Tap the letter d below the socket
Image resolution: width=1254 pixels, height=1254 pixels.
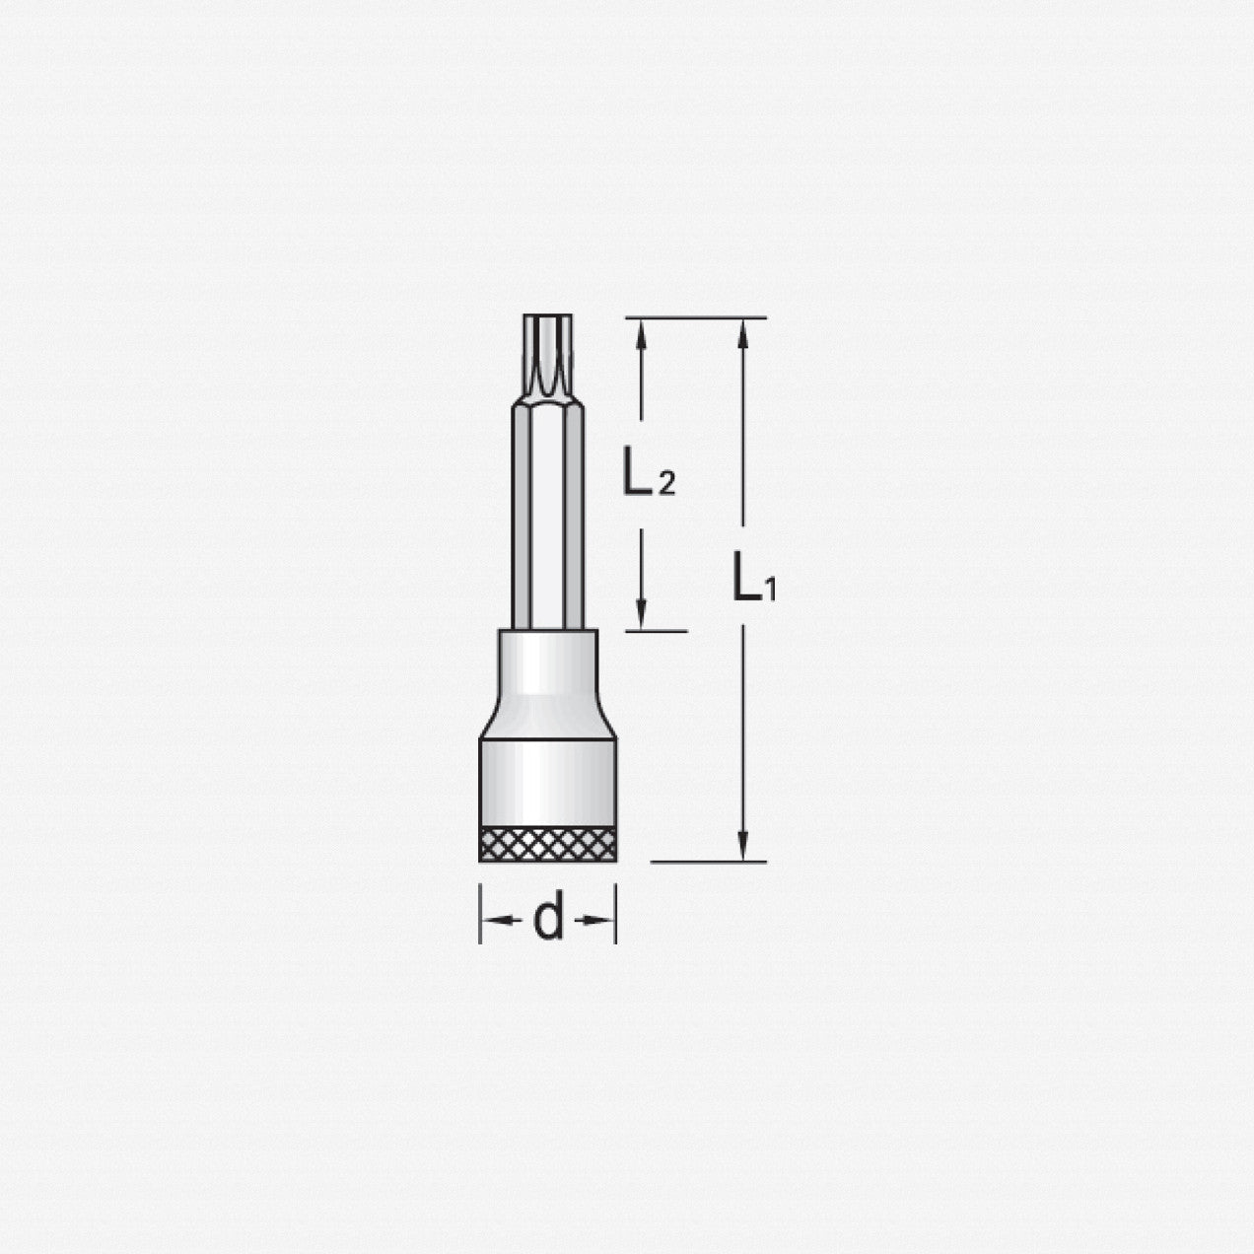548,920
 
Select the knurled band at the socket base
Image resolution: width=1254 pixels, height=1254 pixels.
548,844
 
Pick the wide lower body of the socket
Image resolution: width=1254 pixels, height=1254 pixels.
548,779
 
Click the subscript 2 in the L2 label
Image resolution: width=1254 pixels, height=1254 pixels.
666,484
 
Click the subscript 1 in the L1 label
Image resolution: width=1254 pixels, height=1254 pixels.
771,592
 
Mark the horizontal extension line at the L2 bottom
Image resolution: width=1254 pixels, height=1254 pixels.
655,630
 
